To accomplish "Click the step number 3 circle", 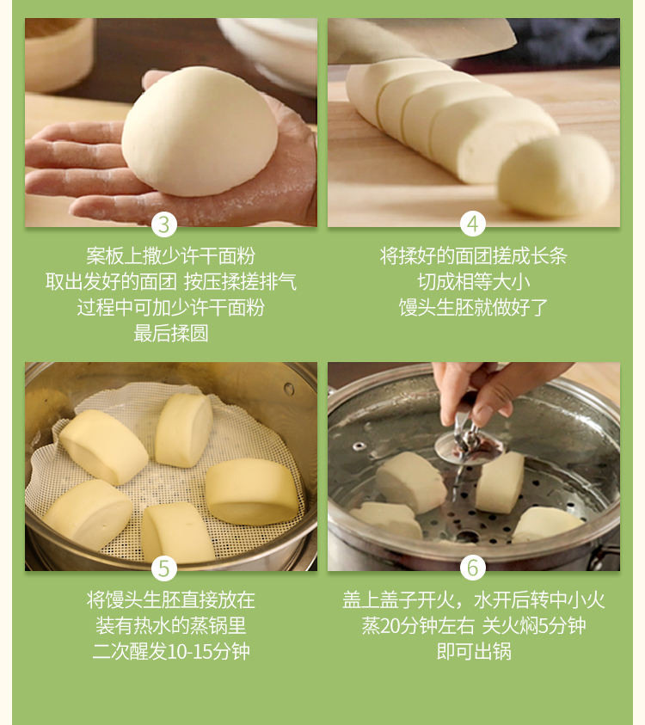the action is click(164, 224).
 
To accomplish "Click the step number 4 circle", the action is click(472, 224).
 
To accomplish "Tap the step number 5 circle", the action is click(164, 568).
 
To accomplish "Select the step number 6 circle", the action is click(472, 568).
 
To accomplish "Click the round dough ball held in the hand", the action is click(200, 132).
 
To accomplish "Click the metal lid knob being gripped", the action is click(468, 443).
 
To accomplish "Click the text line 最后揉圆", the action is click(171, 333).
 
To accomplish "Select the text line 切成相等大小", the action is click(474, 281).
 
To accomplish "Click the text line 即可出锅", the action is click(474, 652).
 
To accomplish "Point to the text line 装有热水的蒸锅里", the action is click(171, 625).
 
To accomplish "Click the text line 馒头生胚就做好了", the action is click(474, 308).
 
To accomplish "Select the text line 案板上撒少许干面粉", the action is click(171, 255).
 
